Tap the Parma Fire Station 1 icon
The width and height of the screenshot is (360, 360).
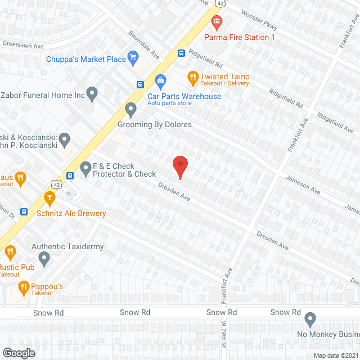(x=217, y=22)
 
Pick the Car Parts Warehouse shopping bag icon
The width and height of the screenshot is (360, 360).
(x=160, y=82)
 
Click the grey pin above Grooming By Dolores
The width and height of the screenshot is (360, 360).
(x=131, y=109)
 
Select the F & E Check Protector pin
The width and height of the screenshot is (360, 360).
(x=85, y=167)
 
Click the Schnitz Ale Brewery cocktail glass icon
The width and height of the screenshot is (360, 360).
(x=49, y=198)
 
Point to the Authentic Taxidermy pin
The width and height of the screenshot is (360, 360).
(x=44, y=259)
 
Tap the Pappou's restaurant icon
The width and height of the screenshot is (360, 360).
(x=24, y=289)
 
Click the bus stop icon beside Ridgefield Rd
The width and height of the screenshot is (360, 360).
(x=181, y=53)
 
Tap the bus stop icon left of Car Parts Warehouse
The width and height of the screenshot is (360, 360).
(x=139, y=84)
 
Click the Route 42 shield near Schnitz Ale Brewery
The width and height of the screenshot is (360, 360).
(x=55, y=183)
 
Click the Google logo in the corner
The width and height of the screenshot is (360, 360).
(x=18, y=353)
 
